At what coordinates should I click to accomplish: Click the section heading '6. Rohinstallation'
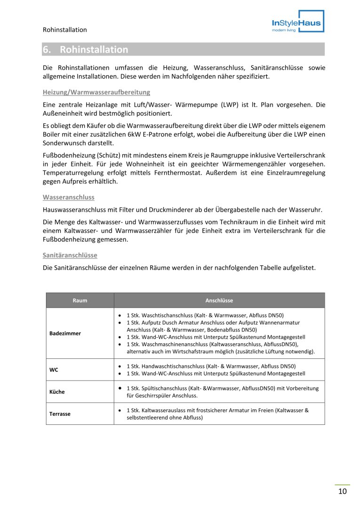point(85,49)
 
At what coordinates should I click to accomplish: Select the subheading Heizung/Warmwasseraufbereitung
point(96,92)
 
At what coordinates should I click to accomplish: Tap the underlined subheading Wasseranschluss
point(68,197)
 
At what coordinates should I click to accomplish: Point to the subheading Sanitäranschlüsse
point(70,255)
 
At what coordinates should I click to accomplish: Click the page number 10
point(342,492)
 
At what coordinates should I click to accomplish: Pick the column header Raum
point(80,300)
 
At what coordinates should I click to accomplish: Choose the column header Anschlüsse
point(219,300)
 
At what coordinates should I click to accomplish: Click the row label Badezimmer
point(65,333)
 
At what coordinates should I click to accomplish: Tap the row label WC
point(54,370)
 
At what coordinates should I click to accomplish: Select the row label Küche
point(57,392)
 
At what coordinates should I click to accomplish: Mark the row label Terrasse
point(60,414)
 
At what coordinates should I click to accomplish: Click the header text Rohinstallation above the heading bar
point(64,30)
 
